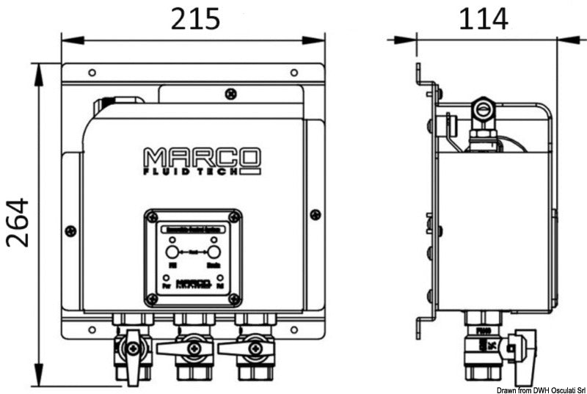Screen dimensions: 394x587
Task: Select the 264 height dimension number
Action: tap(18, 222)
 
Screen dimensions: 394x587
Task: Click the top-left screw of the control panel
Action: tap(152, 217)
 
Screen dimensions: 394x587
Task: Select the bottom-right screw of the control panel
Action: tap(234, 299)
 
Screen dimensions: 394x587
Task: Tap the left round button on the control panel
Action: tap(173, 252)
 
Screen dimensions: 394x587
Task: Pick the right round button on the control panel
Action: tap(214, 252)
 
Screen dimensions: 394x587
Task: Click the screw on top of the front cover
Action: tap(231, 93)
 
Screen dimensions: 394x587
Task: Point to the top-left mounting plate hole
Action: tap(92, 73)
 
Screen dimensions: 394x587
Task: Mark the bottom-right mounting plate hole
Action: tap(293, 329)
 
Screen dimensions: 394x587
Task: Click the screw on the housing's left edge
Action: tap(70, 231)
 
